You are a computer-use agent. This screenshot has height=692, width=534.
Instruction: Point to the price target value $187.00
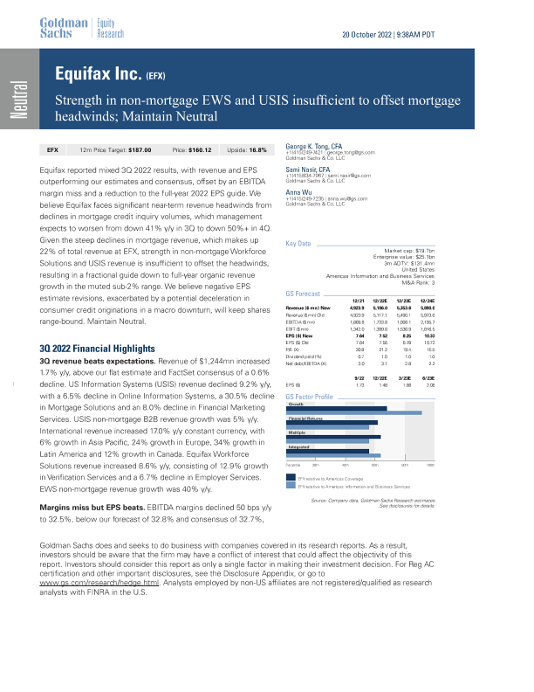point(143,150)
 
